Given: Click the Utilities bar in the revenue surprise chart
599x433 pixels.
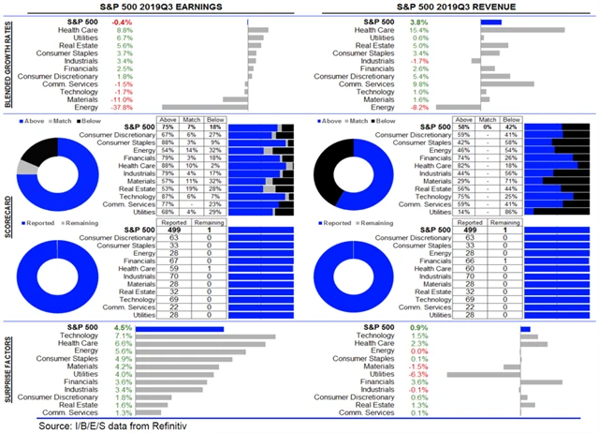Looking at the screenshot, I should click(484, 373).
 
